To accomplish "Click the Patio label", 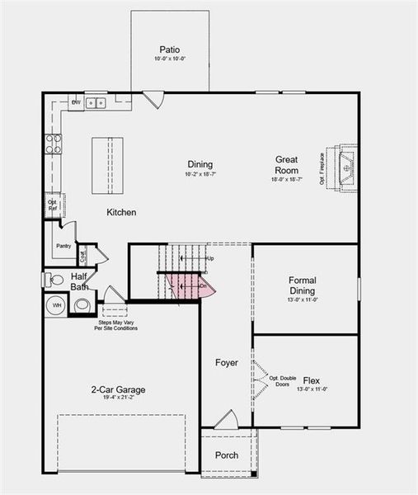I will click(x=170, y=49).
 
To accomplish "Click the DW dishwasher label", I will click(x=76, y=102).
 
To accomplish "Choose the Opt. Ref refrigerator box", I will click(x=52, y=205).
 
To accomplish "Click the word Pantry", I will click(x=63, y=246).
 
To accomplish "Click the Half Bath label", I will click(x=80, y=282).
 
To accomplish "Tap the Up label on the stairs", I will click(x=209, y=259).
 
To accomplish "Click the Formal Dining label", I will click(x=303, y=285).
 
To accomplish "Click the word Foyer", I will click(x=227, y=363).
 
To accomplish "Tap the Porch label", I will click(x=227, y=455).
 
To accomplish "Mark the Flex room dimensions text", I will click(x=312, y=389).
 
